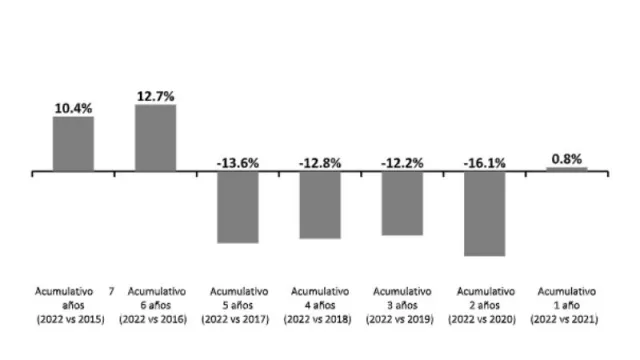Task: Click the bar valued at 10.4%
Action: tap(73, 144)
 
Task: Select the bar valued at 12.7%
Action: tap(155, 138)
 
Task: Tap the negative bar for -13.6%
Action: tap(237, 207)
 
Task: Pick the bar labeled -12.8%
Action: tap(320, 205)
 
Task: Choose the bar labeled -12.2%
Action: tap(402, 204)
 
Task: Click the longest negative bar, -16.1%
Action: tap(484, 214)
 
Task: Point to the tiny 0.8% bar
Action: tap(567, 169)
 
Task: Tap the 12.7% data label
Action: tap(155, 95)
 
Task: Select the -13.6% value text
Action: tap(238, 162)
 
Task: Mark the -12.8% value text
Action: tap(320, 162)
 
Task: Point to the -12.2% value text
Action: tap(402, 162)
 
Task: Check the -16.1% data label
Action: tap(484, 162)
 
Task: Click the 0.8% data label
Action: tap(567, 158)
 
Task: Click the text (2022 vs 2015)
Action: tap(73, 318)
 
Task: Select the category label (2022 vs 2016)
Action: tap(155, 318)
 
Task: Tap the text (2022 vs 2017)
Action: tap(238, 318)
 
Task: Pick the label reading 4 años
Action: tap(320, 304)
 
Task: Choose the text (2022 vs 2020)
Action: tap(484, 318)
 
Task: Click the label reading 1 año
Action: tap(567, 304)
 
